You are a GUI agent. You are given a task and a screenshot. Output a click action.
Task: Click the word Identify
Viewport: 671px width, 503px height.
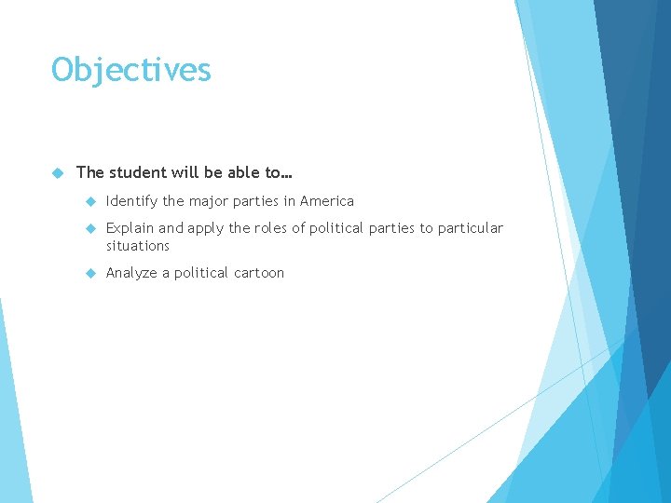click(132, 201)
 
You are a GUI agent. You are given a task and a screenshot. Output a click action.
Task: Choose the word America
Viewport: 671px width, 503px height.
click(327, 201)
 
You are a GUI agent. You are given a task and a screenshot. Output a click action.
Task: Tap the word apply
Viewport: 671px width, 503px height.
click(207, 228)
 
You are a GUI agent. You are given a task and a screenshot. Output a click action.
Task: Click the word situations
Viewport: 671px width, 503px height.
click(138, 246)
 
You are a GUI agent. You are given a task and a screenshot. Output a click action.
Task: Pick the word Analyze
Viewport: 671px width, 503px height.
click(132, 273)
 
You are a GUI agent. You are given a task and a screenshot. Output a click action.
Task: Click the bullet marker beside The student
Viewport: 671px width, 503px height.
click(57, 172)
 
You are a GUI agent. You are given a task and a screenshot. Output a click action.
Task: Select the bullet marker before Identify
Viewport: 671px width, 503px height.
click(90, 201)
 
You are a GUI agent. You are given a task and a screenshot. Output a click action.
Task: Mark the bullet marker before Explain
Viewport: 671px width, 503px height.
click(90, 228)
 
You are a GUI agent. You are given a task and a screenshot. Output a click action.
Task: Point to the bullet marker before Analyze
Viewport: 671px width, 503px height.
click(90, 273)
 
